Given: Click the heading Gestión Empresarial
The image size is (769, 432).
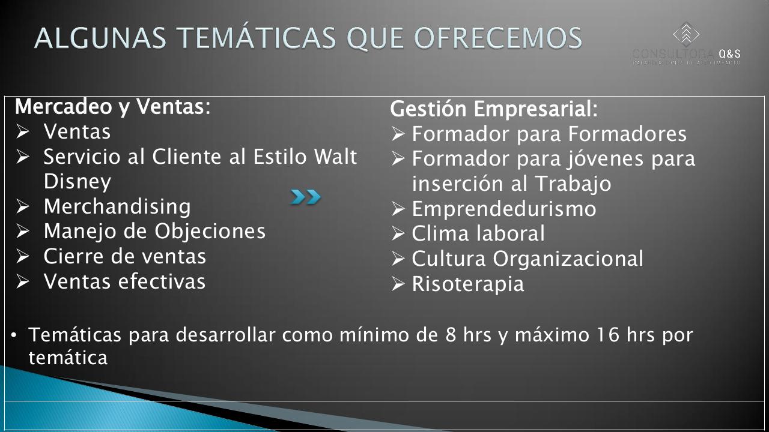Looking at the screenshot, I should pos(494,109).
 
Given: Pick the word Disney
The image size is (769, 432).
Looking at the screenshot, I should pos(78,181).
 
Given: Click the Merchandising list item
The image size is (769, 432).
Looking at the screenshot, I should pos(117,206).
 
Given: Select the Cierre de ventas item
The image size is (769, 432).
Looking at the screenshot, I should pos(125,256).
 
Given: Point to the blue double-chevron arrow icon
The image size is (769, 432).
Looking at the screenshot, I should pos(306,197).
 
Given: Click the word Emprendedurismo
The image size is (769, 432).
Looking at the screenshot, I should pos(503,209).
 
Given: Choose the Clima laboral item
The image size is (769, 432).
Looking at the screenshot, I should pos(478,233).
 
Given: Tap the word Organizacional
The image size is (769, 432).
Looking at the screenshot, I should pos(568,259).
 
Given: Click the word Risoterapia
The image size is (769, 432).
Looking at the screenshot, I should pos(467,284).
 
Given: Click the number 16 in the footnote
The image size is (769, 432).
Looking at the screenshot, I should pos(607,335).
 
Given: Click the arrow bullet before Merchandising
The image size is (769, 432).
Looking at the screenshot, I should pos(23,206).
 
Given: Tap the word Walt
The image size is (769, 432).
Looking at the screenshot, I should pos(336,157).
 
